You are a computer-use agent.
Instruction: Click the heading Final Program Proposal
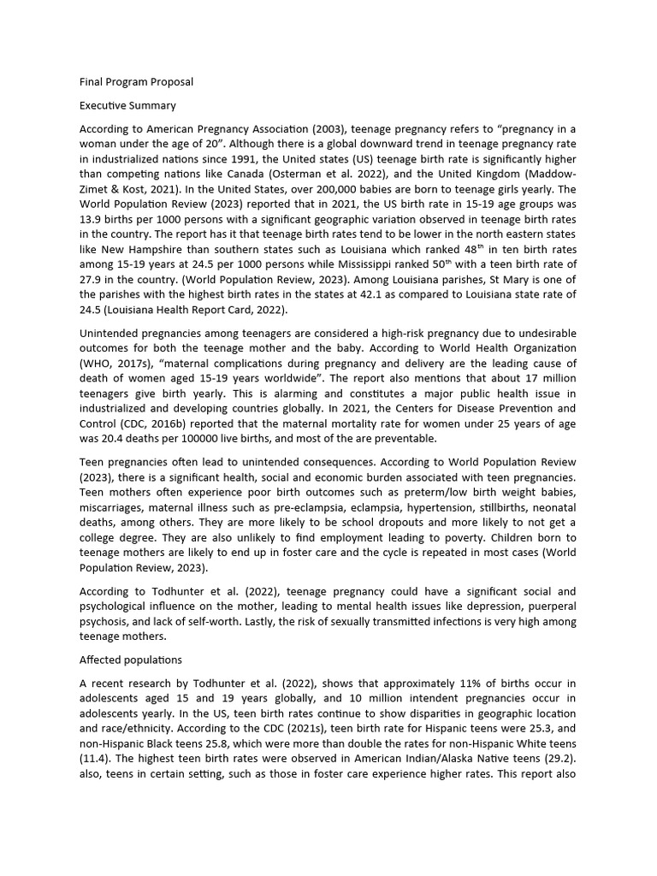tap(136, 82)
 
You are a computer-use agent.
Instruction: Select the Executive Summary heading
tap(127, 106)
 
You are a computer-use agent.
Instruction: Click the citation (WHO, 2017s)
tap(115, 363)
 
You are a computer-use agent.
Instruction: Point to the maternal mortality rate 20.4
tap(114, 440)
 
